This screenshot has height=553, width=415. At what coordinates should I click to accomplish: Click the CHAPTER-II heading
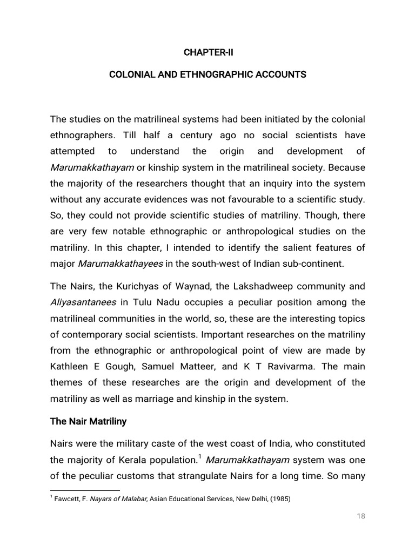[x=207, y=52]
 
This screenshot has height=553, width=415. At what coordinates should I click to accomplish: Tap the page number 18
[x=361, y=516]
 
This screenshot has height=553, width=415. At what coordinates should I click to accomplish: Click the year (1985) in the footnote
[x=279, y=500]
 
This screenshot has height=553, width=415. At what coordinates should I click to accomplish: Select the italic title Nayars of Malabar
[x=116, y=500]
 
